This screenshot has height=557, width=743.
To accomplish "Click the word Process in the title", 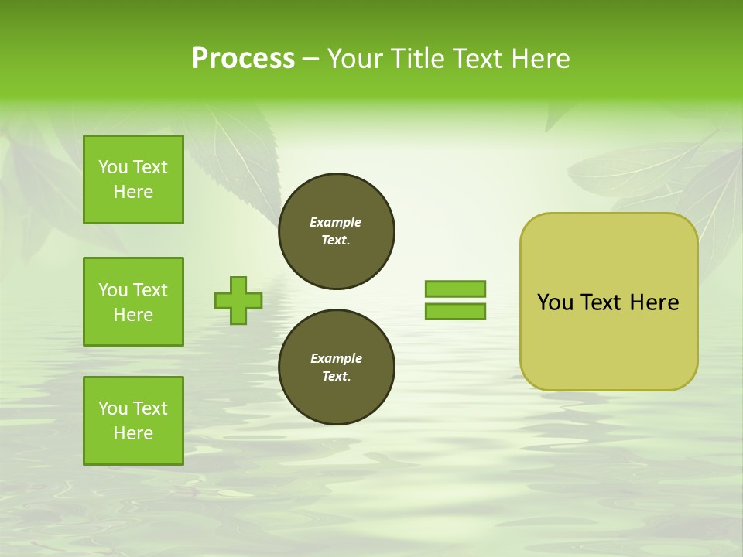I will [243, 59].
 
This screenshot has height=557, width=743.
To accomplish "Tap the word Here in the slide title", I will [537, 59].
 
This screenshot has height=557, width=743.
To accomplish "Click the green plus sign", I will [238, 301].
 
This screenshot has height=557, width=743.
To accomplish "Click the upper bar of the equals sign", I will [455, 289].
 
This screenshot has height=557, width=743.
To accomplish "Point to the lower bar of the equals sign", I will [455, 312].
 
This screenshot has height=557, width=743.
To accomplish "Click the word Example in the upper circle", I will [336, 222].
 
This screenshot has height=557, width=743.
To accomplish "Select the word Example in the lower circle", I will [336, 358].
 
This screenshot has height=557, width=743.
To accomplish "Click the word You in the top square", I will [113, 167].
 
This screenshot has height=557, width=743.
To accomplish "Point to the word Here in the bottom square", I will [133, 433].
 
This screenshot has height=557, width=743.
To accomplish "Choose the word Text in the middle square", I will [150, 290].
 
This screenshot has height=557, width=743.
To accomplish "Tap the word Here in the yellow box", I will [654, 302].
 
